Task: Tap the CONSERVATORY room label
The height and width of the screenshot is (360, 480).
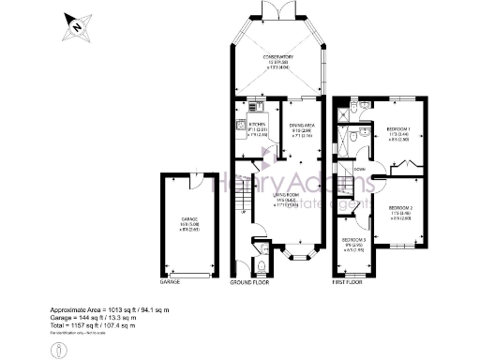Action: [x=278, y=57]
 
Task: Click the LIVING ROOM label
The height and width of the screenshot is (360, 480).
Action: [x=278, y=201]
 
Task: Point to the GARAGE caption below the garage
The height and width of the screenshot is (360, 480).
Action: [x=170, y=282]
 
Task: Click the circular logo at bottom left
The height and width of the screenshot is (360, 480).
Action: [x=60, y=349]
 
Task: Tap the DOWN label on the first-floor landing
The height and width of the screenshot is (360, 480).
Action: [x=359, y=170]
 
